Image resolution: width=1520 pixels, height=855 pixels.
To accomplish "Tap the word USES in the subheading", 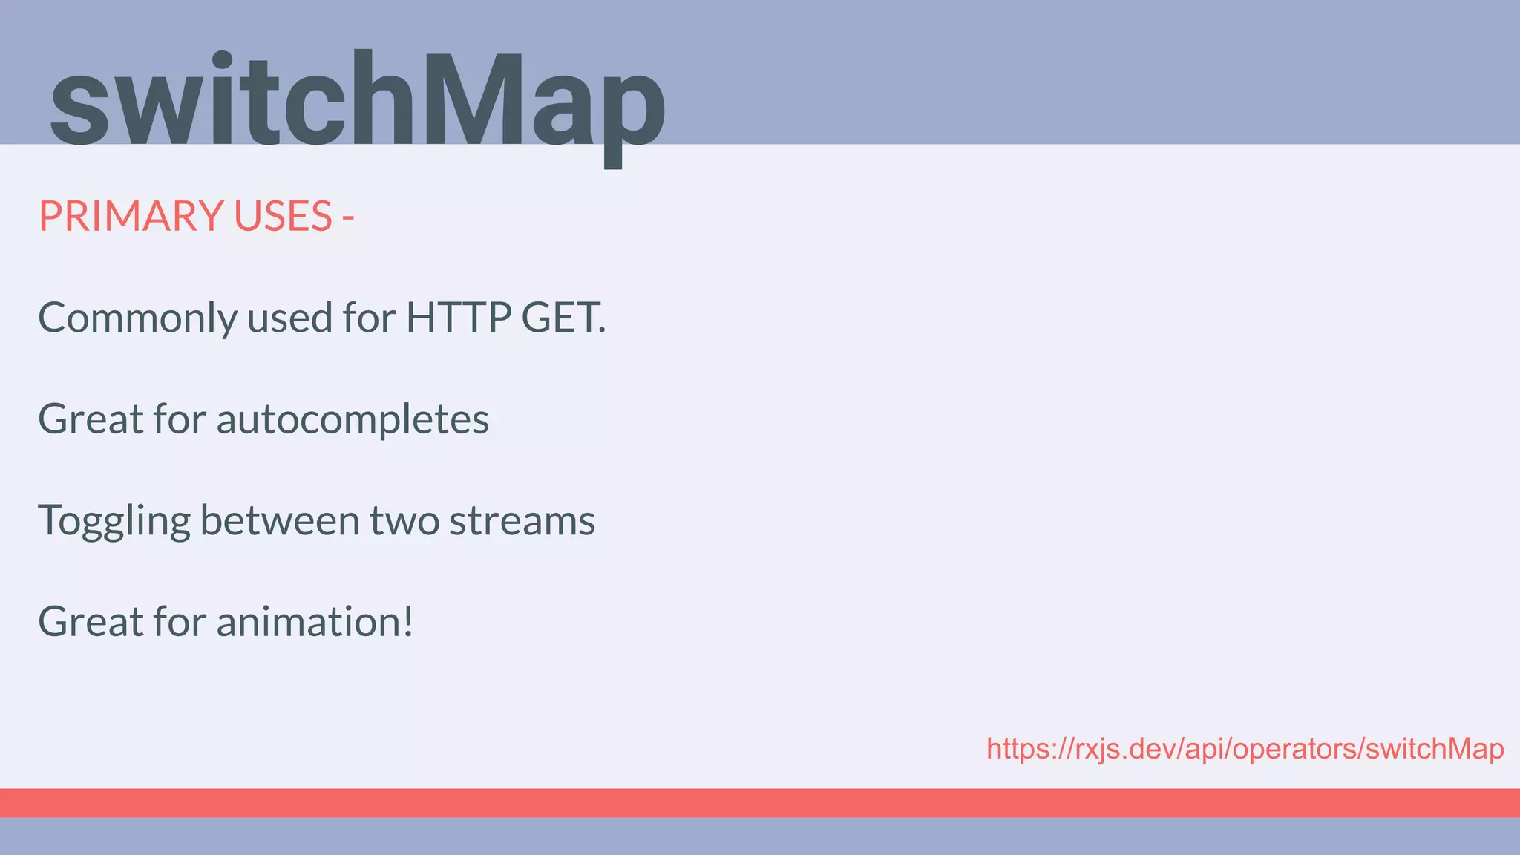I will pyautogui.click(x=283, y=216).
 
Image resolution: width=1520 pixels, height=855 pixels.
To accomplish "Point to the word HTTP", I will pyautogui.click(x=458, y=318).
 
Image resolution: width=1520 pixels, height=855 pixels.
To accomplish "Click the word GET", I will pyautogui.click(x=563, y=318).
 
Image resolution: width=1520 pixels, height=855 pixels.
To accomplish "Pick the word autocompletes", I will pyautogui.click(x=353, y=419).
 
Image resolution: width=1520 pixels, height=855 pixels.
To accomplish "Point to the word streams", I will pyautogui.click(x=522, y=520).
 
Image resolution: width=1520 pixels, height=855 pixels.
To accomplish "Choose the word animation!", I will pyautogui.click(x=315, y=622).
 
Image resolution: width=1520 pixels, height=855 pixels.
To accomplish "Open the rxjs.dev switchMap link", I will pyautogui.click(x=1245, y=749).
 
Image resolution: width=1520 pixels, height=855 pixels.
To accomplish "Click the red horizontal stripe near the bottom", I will pyautogui.click(x=760, y=802).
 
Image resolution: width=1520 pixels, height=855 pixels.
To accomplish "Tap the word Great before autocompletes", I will pyautogui.click(x=91, y=419).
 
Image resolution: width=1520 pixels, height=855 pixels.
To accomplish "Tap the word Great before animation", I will pyautogui.click(x=91, y=622).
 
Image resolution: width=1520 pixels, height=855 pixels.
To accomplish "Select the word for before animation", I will pyautogui.click(x=179, y=622).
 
